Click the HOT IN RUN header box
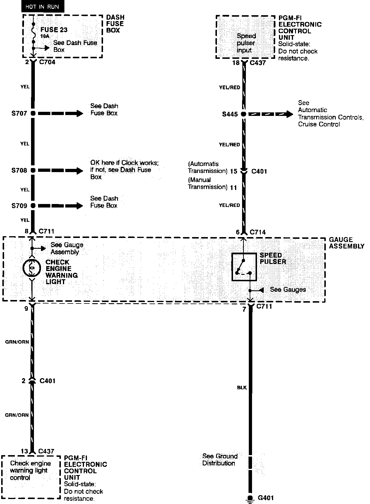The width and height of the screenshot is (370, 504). [42, 7]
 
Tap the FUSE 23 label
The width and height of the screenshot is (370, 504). [54, 30]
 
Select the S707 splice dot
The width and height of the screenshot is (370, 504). [33, 113]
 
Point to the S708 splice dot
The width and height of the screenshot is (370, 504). [33, 170]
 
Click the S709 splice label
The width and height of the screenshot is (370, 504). [19, 206]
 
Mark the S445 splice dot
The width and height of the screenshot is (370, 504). [244, 114]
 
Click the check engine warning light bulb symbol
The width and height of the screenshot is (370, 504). [32, 268]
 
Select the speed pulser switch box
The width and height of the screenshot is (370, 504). [244, 267]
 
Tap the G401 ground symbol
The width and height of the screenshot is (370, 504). [250, 498]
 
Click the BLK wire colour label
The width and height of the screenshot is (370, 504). [242, 388]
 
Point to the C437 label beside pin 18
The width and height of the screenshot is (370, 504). [258, 63]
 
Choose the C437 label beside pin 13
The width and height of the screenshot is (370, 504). [46, 451]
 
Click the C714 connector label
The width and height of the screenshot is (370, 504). [258, 232]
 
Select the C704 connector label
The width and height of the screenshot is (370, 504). [47, 62]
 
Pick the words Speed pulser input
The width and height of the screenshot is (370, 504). [246, 43]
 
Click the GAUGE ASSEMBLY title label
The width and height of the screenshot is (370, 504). [346, 243]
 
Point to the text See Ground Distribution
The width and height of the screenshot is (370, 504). [220, 460]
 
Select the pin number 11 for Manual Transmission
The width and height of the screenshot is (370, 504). [233, 187]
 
